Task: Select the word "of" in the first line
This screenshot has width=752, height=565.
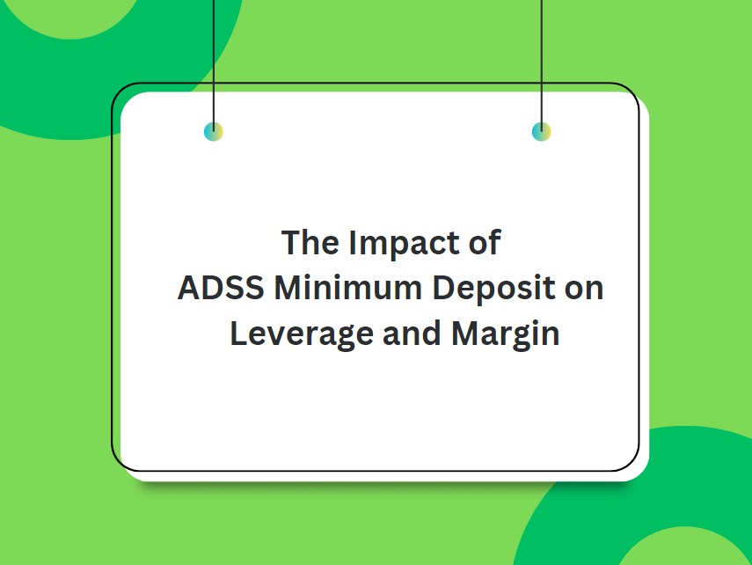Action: [483, 243]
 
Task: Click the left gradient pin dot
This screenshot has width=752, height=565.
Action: [214, 132]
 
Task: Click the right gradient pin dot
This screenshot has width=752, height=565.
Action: [542, 132]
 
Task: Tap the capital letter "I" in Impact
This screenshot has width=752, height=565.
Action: [354, 243]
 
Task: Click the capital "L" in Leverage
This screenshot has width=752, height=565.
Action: [237, 335]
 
